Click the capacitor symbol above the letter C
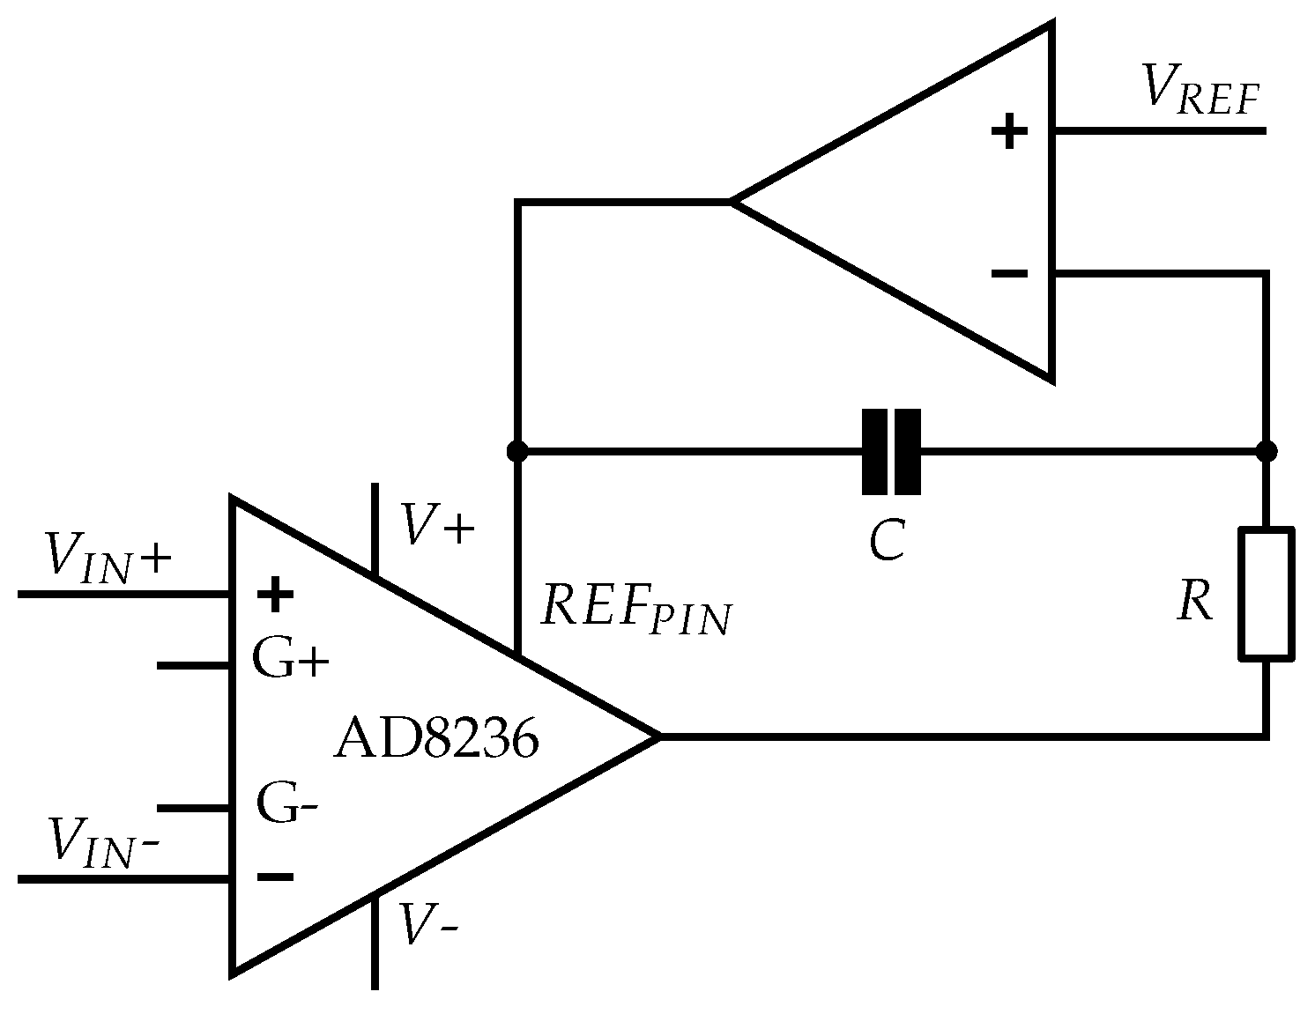[891, 452]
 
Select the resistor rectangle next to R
[1267, 594]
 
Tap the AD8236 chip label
[435, 738]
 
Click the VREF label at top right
[1200, 92]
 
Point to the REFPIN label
[634, 608]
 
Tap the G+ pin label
[290, 657]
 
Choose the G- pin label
[287, 803]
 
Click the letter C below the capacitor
[887, 540]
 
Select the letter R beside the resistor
[1195, 603]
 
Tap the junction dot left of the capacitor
[517, 452]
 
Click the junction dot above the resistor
[1267, 452]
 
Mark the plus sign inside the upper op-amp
[1009, 133]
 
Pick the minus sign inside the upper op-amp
[1009, 274]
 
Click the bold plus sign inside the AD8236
[275, 594]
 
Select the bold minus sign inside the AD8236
[275, 877]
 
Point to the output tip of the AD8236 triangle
[657, 735]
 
